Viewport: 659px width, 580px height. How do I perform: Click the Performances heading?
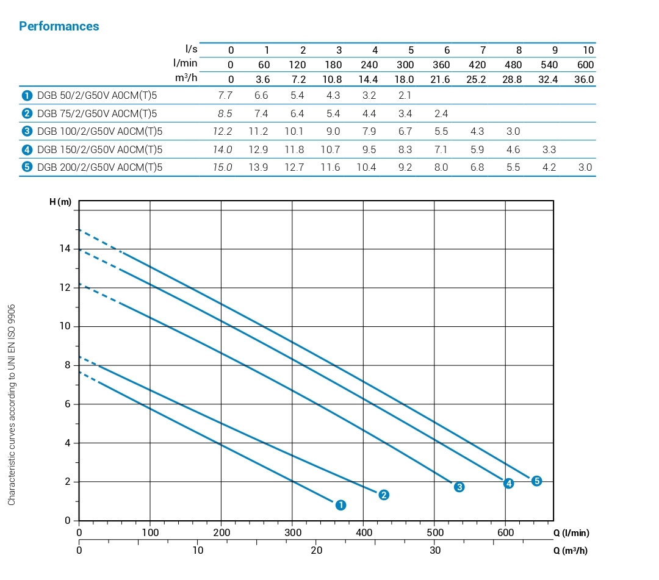[59, 26]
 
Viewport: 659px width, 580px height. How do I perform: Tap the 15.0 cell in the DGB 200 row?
[222, 167]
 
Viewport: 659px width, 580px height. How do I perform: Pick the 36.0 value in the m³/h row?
[583, 79]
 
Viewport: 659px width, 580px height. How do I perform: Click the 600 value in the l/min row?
[585, 65]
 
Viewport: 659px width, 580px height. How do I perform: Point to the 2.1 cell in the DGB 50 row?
[405, 96]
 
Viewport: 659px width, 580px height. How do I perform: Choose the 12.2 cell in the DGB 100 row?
[222, 132]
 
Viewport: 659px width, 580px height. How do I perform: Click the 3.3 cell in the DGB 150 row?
[549, 149]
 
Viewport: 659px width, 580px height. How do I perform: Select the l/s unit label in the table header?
[190, 49]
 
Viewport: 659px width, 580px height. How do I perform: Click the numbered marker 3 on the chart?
[459, 487]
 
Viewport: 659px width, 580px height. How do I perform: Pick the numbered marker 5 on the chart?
[536, 481]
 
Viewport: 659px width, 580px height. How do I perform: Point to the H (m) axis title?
[60, 202]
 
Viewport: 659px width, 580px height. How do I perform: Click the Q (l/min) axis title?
[571, 532]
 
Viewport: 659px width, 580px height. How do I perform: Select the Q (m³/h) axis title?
[571, 550]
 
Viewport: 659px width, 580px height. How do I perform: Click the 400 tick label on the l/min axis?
[363, 532]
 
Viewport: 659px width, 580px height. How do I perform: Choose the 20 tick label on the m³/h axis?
[316, 550]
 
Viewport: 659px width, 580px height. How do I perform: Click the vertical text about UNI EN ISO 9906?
[12, 404]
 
